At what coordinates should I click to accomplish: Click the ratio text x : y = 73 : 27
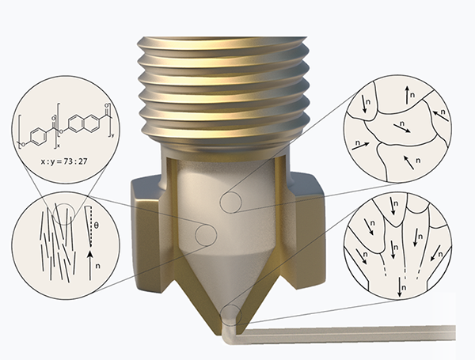(64, 161)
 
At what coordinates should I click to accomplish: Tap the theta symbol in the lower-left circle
(96, 225)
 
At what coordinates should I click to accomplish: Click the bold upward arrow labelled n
(89, 264)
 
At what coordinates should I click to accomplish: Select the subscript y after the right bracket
(113, 136)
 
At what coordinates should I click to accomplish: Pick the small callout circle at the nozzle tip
(231, 315)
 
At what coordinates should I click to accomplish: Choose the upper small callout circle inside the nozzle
(230, 202)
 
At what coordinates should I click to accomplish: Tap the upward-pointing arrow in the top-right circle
(408, 95)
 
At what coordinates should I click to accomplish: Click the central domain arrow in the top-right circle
(401, 128)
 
